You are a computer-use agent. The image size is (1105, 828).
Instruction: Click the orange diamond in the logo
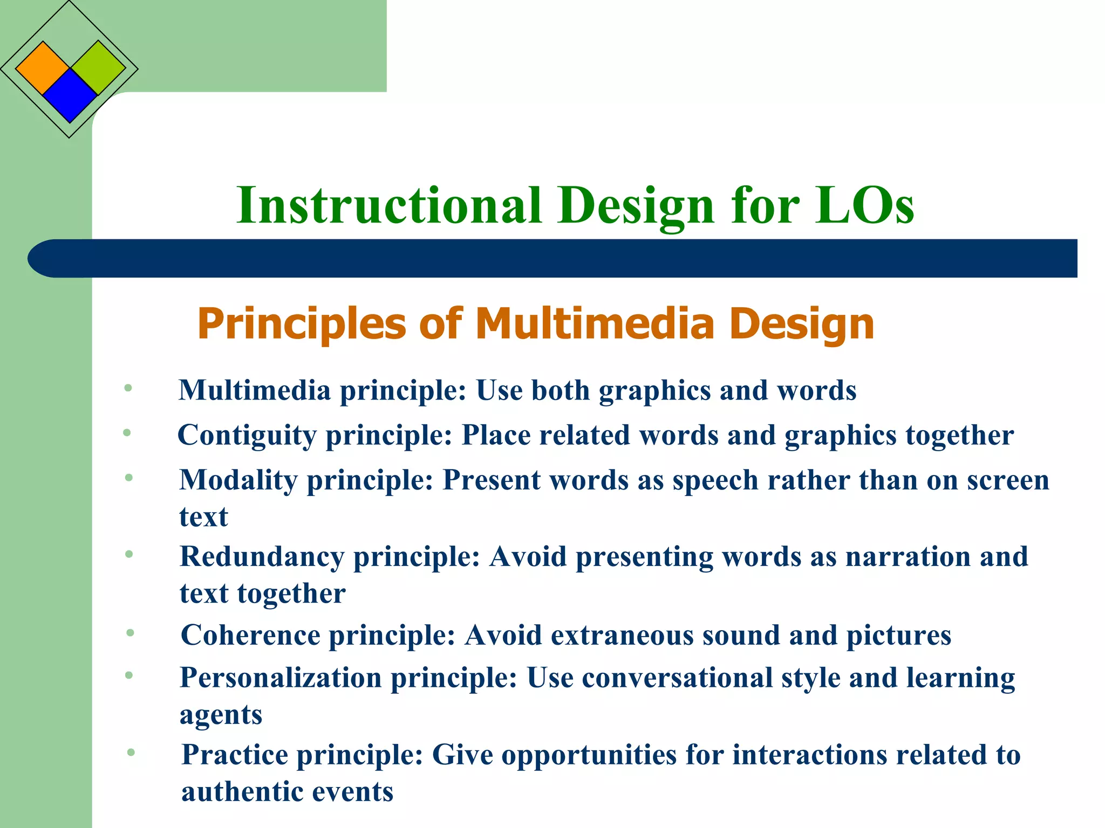(x=42, y=68)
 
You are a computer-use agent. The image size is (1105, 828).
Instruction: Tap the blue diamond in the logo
(x=70, y=95)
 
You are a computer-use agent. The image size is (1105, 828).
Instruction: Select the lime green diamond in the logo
(x=98, y=67)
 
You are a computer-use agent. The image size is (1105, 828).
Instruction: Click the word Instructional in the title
(x=388, y=205)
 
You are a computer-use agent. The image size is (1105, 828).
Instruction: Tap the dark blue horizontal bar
(x=552, y=259)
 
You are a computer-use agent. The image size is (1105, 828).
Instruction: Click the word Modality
(x=238, y=480)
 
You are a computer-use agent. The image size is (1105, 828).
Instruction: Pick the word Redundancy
(x=261, y=557)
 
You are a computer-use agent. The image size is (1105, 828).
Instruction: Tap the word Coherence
(x=250, y=635)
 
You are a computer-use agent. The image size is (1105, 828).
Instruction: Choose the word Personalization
(x=281, y=678)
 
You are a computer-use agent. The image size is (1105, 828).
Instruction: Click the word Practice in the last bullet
(x=235, y=755)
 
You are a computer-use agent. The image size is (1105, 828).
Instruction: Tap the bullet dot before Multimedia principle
(x=128, y=388)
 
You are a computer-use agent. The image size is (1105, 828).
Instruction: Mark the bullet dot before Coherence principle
(x=130, y=633)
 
